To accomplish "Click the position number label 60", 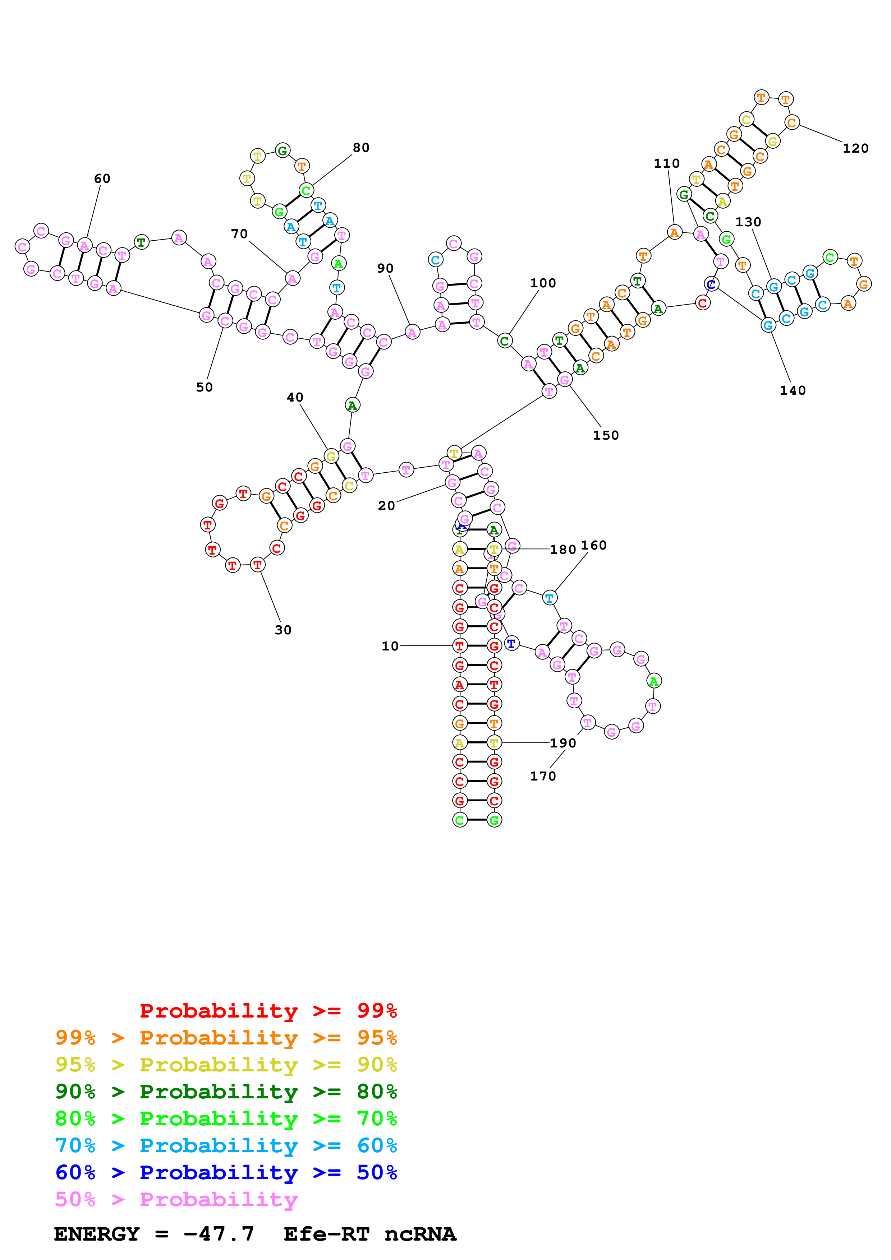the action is pyautogui.click(x=102, y=179).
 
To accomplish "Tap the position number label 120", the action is pyautogui.click(x=855, y=148).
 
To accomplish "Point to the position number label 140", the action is pyautogui.click(x=793, y=390).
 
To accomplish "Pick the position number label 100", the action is pyautogui.click(x=543, y=283).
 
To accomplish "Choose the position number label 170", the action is pyautogui.click(x=543, y=776).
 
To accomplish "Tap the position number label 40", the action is pyautogui.click(x=295, y=397).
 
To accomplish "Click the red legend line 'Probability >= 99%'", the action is pyautogui.click(x=268, y=1011).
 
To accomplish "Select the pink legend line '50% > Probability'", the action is pyautogui.click(x=176, y=1200).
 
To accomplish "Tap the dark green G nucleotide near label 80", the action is pyautogui.click(x=282, y=150).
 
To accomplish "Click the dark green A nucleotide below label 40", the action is pyautogui.click(x=352, y=406).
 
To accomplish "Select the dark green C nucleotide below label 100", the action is pyautogui.click(x=504, y=341).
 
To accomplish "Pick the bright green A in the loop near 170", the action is pyautogui.click(x=653, y=681).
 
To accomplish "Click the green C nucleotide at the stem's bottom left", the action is pyautogui.click(x=459, y=820).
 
